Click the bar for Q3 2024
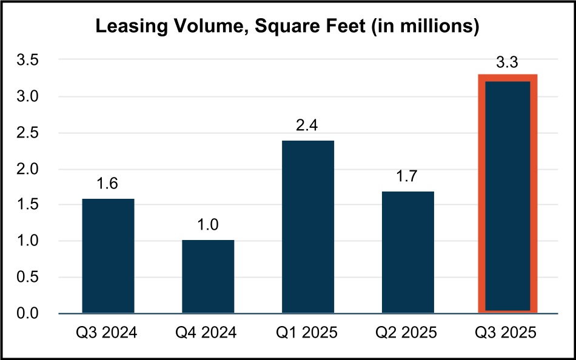pyautogui.click(x=108, y=256)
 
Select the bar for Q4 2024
pyautogui.click(x=208, y=276)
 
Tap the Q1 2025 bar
pyautogui.click(x=308, y=227)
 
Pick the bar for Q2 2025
pyautogui.click(x=408, y=252)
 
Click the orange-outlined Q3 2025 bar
pyautogui.click(x=508, y=194)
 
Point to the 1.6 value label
pyautogui.click(x=108, y=184)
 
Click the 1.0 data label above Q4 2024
pyautogui.click(x=208, y=225)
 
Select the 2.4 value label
pyautogui.click(x=308, y=125)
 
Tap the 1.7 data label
pyautogui.click(x=408, y=176)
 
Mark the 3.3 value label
pyautogui.click(x=508, y=61)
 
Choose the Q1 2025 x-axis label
pyautogui.click(x=308, y=333)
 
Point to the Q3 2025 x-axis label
pyautogui.click(x=508, y=333)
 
